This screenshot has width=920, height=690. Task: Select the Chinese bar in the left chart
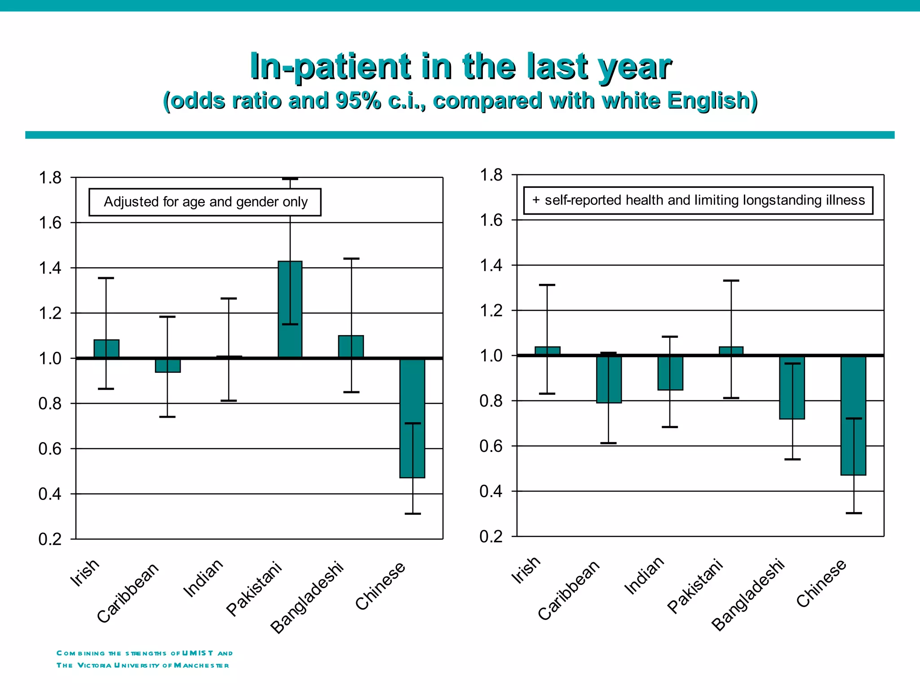412,418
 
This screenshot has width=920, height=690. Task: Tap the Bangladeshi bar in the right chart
792,387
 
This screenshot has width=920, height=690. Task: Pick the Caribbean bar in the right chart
609,379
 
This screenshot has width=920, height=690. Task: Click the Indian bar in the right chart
670,373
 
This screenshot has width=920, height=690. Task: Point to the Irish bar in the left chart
106,349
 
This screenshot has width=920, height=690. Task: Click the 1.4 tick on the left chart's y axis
50,268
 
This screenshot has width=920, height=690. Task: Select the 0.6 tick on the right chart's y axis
491,446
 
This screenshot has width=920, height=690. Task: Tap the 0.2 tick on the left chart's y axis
50,539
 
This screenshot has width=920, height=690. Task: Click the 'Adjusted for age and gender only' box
205,202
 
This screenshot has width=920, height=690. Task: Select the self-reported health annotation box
698,200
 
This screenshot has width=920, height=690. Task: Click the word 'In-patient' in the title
330,66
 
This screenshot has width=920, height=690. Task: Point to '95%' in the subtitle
358,100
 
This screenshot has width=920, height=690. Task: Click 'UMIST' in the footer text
198,653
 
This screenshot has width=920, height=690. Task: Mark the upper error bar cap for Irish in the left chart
106,278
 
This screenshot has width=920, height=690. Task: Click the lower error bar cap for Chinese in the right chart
854,513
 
